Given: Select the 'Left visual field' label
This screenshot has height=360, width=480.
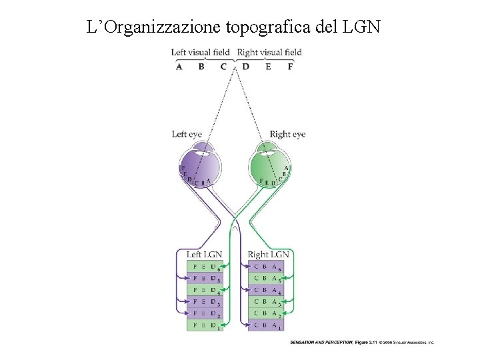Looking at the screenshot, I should (200, 52).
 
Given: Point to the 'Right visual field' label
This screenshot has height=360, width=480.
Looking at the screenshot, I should (269, 52).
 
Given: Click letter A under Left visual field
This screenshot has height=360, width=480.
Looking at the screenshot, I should (179, 66).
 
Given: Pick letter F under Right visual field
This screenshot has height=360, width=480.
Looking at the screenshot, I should (290, 66).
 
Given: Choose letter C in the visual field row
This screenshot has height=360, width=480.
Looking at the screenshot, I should (223, 66).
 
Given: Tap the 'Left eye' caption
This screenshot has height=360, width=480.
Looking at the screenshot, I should (187, 134).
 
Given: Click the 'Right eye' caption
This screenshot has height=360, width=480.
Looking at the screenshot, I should (287, 134).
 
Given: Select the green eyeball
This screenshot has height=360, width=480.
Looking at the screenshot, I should (269, 165).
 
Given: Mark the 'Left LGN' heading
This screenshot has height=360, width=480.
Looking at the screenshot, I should (204, 255).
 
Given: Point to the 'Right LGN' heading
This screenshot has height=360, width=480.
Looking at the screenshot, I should (268, 255).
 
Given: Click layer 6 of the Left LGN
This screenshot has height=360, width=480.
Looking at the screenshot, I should (203, 266).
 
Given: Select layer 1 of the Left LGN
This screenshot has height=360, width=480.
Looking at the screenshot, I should (203, 325).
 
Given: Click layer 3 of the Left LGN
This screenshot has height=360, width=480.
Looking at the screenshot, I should (203, 302).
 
